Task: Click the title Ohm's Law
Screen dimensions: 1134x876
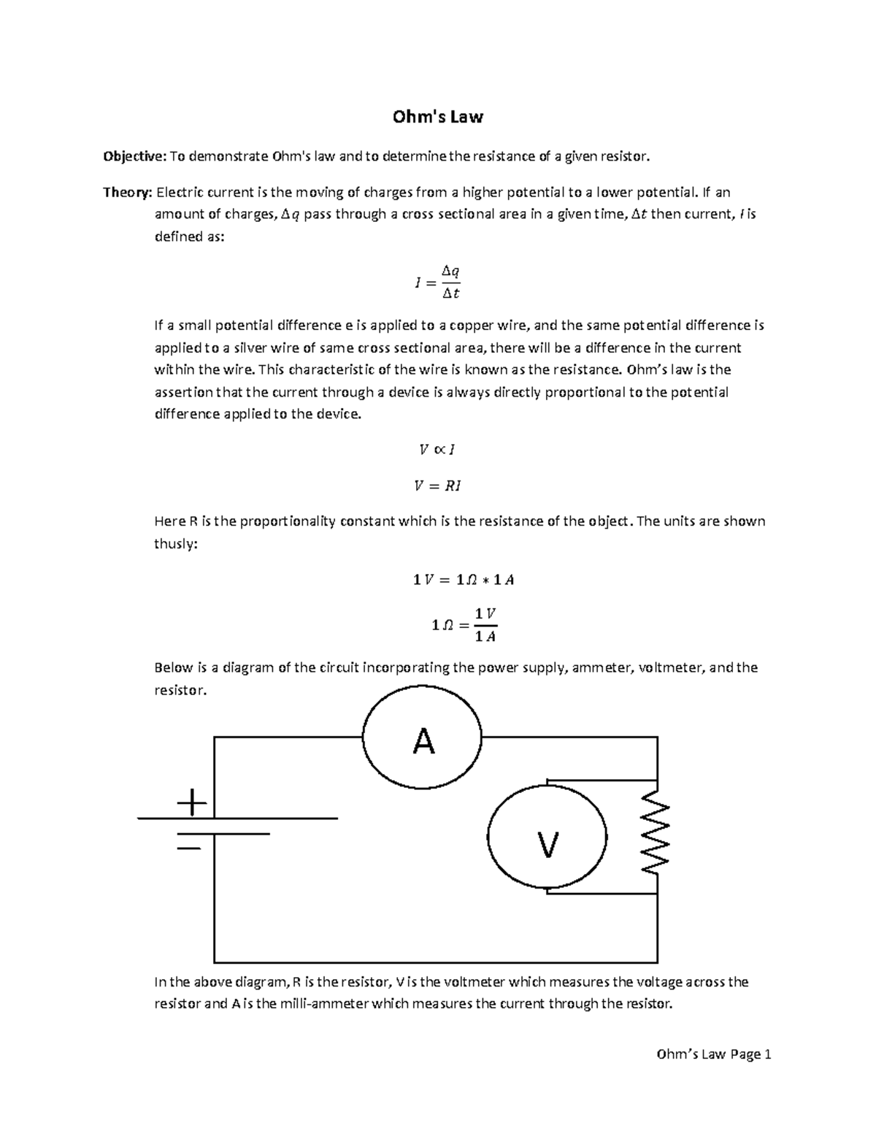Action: tap(438, 117)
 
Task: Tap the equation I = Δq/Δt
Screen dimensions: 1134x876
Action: tap(438, 282)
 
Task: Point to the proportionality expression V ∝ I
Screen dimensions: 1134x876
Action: tap(438, 450)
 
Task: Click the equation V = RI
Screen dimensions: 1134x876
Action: tap(438, 486)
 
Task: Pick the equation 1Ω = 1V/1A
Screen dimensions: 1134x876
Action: tap(464, 626)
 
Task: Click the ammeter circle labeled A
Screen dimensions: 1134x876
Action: tap(423, 738)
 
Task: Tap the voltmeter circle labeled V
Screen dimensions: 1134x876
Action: tap(547, 838)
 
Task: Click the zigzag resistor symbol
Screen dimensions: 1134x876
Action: tap(656, 834)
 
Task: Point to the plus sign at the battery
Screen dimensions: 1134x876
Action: tap(192, 803)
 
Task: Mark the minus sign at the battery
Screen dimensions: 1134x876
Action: tap(189, 848)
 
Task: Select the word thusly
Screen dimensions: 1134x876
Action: tap(175, 544)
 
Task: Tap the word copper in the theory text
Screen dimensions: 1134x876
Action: tap(474, 325)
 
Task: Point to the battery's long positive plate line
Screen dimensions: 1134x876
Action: tap(237, 819)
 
